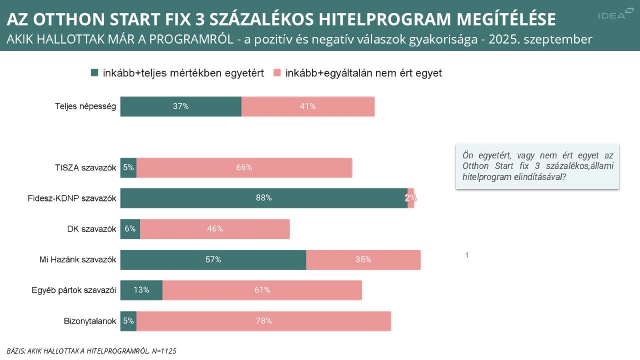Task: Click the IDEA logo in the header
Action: pos(615,14)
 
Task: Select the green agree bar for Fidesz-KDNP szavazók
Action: pos(264,198)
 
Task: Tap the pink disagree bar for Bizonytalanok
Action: pos(264,321)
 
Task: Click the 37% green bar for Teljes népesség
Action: pos(181,106)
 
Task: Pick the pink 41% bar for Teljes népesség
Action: pos(308,106)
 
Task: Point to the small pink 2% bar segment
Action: pos(411,198)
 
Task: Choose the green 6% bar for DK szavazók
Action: pos(130,229)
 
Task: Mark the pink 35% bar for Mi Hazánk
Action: pos(363,260)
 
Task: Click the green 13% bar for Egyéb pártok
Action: pos(141,290)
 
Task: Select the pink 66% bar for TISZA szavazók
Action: pos(244,168)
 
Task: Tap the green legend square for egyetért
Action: pos(95,73)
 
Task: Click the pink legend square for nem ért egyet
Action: pos(277,73)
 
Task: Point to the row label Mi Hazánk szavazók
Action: pos(78,260)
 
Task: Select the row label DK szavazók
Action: pos(92,229)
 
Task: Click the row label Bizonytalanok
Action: pos(90,321)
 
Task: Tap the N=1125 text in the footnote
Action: pos(164,351)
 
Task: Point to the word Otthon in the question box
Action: pos(476,166)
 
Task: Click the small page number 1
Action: pos(467,255)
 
